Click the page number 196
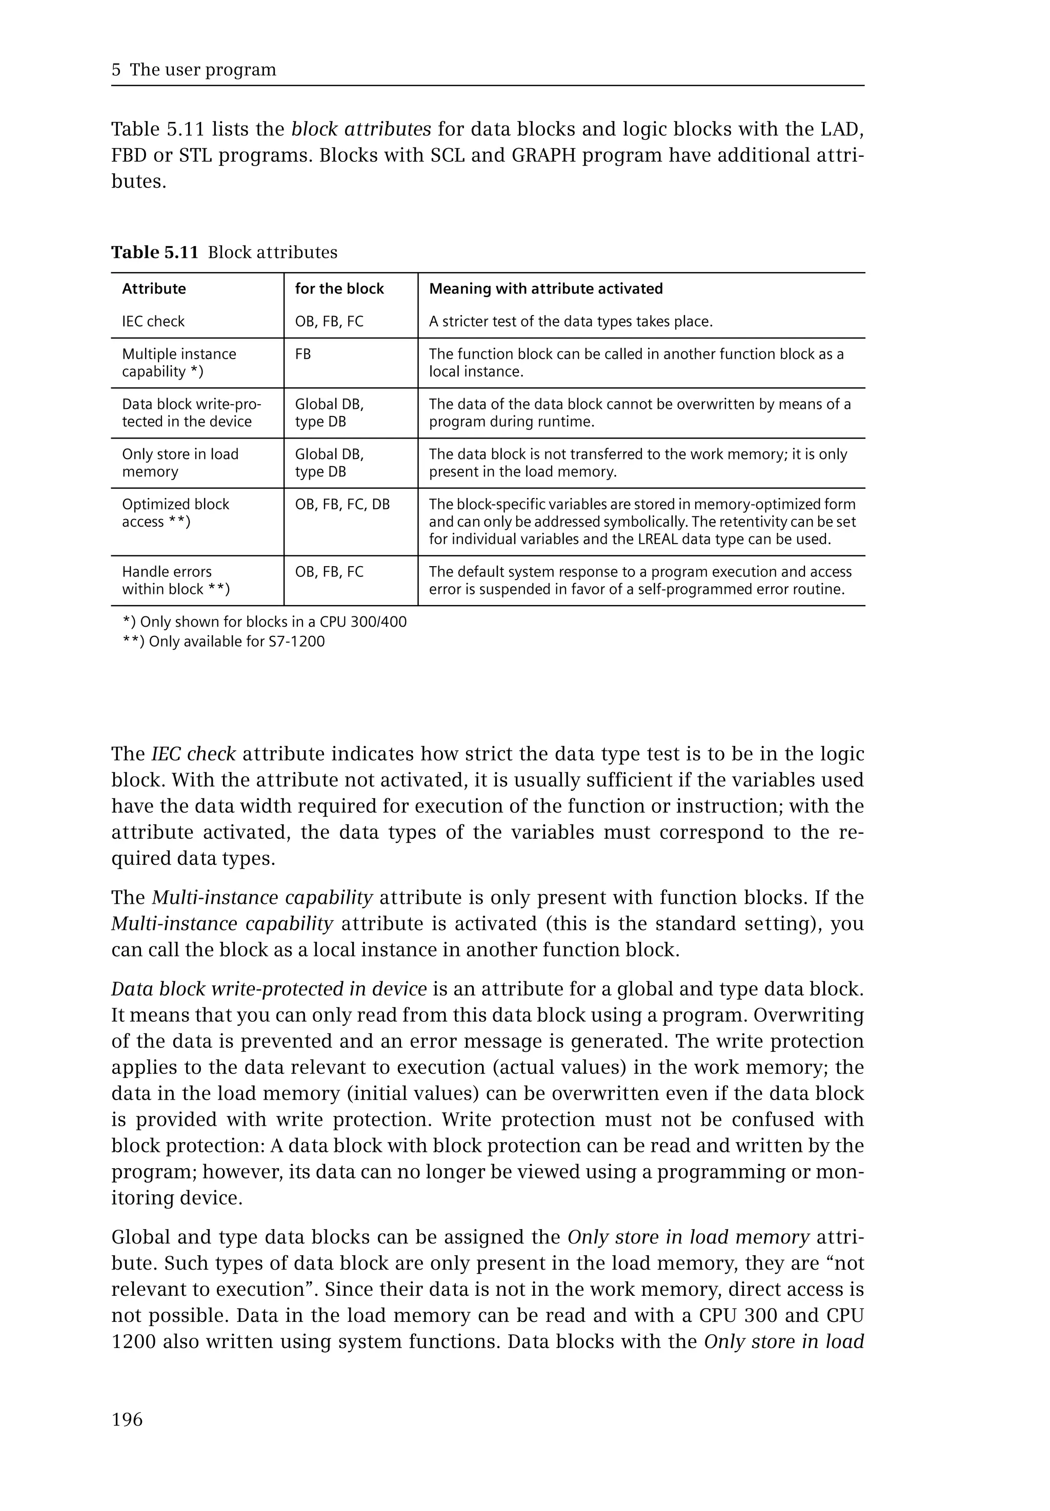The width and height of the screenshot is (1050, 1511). (x=127, y=1420)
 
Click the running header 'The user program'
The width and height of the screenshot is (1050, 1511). (x=203, y=70)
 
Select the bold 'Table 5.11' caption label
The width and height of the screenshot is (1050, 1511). (x=155, y=253)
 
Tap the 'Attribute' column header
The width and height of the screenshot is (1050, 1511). (x=154, y=288)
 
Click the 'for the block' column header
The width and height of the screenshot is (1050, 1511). (x=339, y=288)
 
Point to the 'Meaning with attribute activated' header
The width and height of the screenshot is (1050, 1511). (x=546, y=288)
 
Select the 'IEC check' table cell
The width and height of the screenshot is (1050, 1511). (x=153, y=322)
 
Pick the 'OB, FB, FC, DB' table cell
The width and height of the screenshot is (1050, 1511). (x=342, y=504)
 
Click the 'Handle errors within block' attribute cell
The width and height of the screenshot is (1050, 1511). (x=176, y=581)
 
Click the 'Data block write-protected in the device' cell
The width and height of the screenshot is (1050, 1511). (x=191, y=413)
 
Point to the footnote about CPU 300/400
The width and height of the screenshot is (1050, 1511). (x=265, y=622)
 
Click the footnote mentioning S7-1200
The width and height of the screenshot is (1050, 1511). (x=224, y=641)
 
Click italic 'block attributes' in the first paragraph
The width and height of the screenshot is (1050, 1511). (x=361, y=129)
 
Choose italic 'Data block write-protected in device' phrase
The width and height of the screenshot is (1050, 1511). (x=269, y=989)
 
